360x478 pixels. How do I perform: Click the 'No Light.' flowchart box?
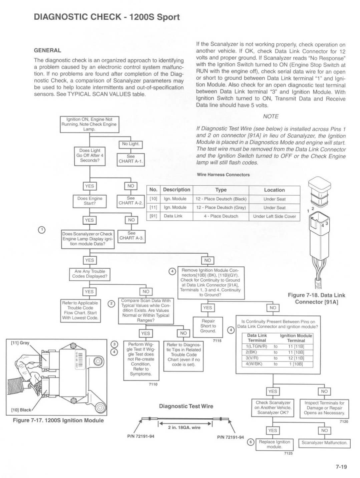pyautogui.click(x=130, y=145)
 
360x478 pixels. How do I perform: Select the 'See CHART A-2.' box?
pyautogui.click(x=130, y=201)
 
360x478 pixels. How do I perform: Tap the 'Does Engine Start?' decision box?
pyautogui.click(x=90, y=201)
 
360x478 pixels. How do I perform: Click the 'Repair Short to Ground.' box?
pyautogui.click(x=208, y=327)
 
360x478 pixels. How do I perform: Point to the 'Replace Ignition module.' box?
pyautogui.click(x=275, y=445)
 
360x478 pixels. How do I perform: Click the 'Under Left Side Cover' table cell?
pyautogui.click(x=275, y=216)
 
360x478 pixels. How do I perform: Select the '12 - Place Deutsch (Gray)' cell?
pyautogui.click(x=221, y=208)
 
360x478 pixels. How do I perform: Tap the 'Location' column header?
pyautogui.click(x=275, y=190)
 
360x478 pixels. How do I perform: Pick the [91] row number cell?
pyautogui.click(x=153, y=216)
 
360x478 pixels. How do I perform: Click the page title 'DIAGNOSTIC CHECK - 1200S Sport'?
pyautogui.click(x=107, y=17)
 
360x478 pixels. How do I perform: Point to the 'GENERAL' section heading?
pyautogui.click(x=47, y=50)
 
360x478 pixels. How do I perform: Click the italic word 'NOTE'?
pyautogui.click(x=271, y=116)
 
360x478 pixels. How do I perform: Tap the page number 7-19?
pyautogui.click(x=341, y=466)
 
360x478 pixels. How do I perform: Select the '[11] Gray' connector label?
pyautogui.click(x=20, y=343)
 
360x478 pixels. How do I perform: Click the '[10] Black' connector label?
pyautogui.click(x=21, y=410)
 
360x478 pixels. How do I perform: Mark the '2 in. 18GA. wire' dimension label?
pyautogui.click(x=184, y=428)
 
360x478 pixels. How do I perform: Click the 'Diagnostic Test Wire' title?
pyautogui.click(x=186, y=406)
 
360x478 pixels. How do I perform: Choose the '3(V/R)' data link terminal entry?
pyautogui.click(x=252, y=358)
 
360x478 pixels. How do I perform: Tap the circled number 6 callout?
pyautogui.click(x=251, y=442)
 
